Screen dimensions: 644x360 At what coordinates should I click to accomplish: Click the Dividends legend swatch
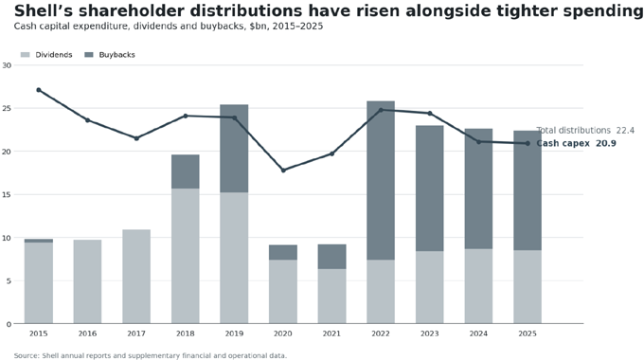(25, 55)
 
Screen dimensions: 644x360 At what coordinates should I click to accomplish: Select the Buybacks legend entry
(109, 55)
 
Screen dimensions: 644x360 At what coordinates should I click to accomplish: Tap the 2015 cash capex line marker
(39, 90)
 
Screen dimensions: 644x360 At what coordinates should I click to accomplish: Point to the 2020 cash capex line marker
(283, 171)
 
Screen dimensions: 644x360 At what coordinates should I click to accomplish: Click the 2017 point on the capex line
(136, 138)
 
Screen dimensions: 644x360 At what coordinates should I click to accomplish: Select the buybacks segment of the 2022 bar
(381, 180)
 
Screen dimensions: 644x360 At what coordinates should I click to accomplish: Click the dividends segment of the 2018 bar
(186, 256)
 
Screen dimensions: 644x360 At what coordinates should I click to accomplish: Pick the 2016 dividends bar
(87, 281)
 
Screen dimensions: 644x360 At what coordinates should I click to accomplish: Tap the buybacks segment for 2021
(331, 257)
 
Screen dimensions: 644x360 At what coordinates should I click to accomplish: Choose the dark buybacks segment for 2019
(234, 149)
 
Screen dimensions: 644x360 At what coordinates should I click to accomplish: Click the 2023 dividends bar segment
(430, 287)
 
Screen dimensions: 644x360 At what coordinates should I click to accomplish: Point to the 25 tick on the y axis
(7, 109)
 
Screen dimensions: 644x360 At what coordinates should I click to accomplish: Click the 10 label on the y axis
(7, 238)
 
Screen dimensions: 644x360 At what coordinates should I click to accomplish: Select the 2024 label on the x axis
(478, 333)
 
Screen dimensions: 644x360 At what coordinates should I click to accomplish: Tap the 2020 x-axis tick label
(283, 333)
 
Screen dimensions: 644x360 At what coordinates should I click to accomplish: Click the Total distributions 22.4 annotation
(585, 131)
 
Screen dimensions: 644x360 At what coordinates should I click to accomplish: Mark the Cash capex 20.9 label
(576, 143)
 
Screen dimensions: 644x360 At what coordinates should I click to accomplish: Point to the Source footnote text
(151, 356)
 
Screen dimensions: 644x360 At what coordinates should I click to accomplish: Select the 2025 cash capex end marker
(528, 143)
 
